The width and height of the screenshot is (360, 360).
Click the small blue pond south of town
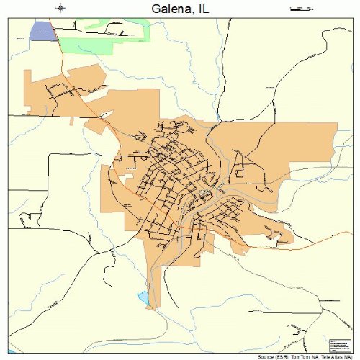(x=144, y=297)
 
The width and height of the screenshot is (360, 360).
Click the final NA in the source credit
(x=354, y=356)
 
